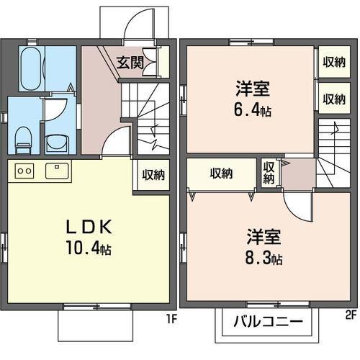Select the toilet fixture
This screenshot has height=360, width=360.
point(23,138)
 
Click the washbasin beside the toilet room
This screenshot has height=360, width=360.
point(55,141)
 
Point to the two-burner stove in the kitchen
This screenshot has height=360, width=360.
point(24,171)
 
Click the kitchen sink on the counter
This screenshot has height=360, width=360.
point(56,171)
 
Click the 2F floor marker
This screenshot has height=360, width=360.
point(350,315)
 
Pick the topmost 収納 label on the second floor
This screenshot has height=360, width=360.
point(333,63)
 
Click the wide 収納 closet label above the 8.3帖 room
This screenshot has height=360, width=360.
point(222,174)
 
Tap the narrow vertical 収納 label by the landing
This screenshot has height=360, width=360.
point(269,174)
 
